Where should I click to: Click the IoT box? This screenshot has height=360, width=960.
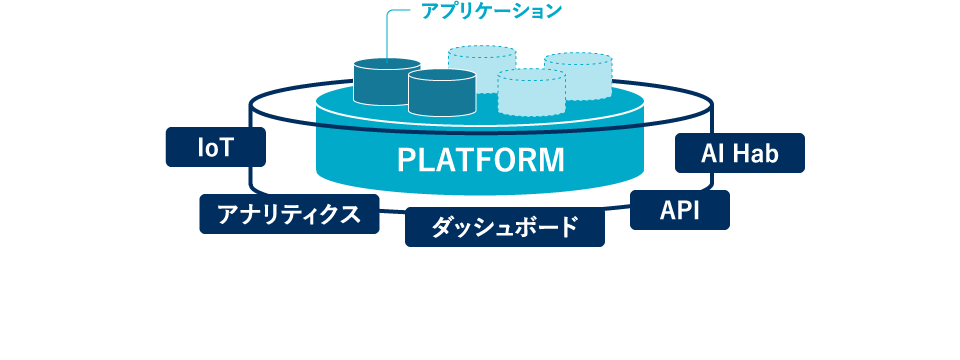(x=215, y=148)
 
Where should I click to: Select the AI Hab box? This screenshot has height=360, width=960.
(x=740, y=154)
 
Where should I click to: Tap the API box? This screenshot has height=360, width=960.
(x=680, y=210)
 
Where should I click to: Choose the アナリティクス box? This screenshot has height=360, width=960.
(x=289, y=213)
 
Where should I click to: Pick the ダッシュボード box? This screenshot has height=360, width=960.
(x=505, y=226)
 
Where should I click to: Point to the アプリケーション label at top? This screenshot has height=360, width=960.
(x=492, y=12)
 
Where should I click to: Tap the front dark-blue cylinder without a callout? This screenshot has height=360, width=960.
(x=441, y=92)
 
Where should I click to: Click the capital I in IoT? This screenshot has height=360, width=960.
(x=199, y=148)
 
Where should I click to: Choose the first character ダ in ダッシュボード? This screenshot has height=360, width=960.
(x=441, y=227)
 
